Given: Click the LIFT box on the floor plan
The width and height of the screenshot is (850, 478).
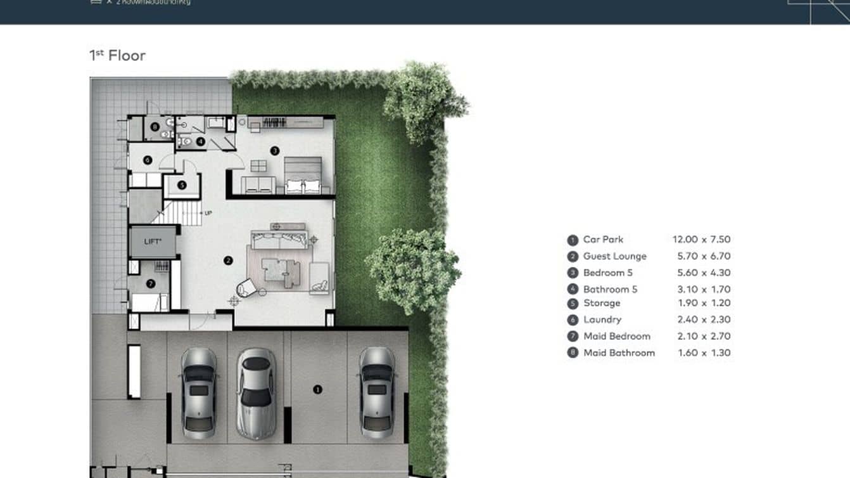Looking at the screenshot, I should [153, 242].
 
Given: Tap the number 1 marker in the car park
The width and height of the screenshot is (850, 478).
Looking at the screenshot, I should [317, 389].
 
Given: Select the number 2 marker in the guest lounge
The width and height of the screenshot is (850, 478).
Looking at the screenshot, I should [229, 260].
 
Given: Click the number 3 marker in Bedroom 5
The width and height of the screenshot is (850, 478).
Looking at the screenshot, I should [274, 150].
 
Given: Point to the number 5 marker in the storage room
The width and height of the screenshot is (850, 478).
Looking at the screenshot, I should [182, 185].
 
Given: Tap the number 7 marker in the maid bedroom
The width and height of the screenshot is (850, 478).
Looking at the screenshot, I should [151, 283].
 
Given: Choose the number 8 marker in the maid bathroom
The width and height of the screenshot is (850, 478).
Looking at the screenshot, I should [155, 127].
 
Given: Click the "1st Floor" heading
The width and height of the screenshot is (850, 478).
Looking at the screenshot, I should [118, 56].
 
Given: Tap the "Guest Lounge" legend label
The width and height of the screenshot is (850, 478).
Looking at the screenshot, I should [614, 256].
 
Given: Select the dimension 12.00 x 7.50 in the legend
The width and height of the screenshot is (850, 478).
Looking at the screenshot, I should [701, 240].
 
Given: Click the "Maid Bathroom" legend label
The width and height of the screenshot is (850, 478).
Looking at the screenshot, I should [619, 352].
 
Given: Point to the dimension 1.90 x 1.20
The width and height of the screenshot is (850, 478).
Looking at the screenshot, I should [704, 303].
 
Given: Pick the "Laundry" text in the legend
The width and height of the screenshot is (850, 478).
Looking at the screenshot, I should [602, 320].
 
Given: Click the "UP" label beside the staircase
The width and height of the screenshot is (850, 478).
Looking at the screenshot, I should [208, 214].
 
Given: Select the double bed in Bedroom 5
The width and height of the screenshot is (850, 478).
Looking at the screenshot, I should [303, 176].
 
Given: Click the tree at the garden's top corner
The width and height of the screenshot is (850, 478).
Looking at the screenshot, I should [423, 101].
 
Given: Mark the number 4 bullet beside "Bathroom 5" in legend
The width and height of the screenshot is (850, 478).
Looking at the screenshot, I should [573, 290].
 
